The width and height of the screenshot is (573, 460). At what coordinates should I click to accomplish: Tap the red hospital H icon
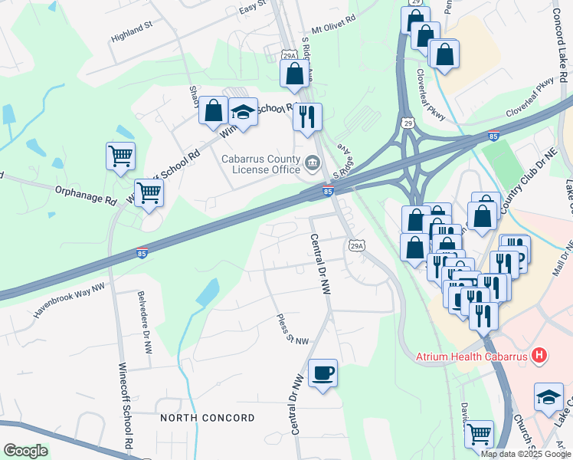point(540,355)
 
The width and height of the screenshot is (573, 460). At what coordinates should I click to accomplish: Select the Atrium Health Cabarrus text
point(473,356)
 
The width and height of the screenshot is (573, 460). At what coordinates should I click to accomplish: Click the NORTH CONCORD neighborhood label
point(207,418)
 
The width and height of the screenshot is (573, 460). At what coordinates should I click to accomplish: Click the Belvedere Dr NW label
point(143,320)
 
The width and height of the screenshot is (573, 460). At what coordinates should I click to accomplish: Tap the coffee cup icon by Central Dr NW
point(323,373)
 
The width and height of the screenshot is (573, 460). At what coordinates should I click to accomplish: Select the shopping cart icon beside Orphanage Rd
point(149,192)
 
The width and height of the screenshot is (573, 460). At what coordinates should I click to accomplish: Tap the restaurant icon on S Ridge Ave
point(307,117)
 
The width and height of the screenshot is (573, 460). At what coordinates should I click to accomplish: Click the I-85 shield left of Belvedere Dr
point(141,252)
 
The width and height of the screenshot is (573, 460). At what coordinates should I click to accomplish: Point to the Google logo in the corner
point(25,451)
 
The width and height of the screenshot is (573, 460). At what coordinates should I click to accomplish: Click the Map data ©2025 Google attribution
point(526,454)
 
